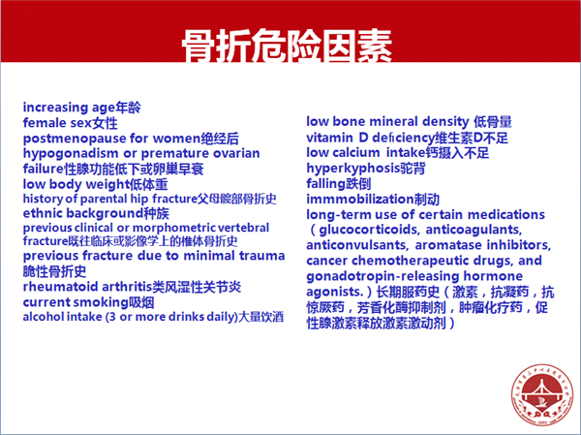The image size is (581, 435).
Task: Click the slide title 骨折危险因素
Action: pos(287,46)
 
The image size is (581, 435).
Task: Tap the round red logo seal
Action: pos(542,394)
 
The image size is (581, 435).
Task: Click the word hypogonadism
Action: pos(71,154)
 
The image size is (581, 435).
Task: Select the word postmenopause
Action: pos(75,140)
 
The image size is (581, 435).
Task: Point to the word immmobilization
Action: pos(360,200)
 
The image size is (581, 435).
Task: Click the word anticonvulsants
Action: pos(357,245)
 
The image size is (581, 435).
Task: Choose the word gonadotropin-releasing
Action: pos(382,277)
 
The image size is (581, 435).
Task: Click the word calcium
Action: pos(356,153)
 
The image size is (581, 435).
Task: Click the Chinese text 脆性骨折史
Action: pos(54,271)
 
